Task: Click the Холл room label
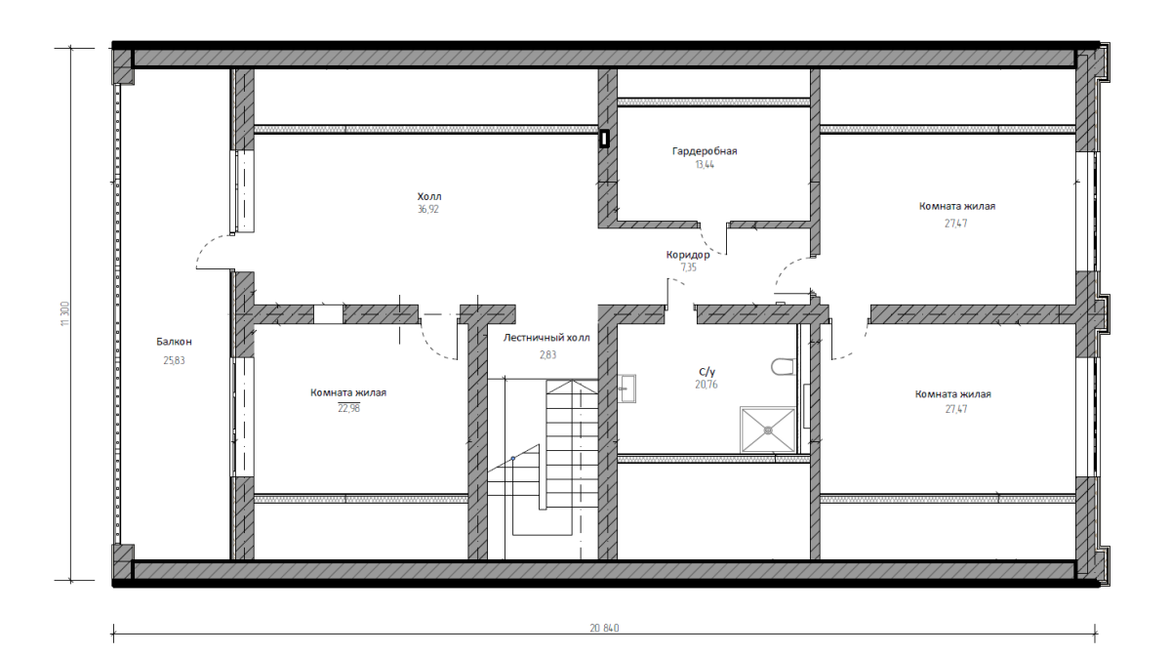429,196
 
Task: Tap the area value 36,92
428,209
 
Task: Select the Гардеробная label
705,151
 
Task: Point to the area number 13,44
705,164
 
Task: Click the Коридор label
688,255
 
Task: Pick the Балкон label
174,342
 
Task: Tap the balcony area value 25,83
174,360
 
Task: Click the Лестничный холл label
546,338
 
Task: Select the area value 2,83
547,354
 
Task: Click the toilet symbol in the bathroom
783,366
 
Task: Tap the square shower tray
768,430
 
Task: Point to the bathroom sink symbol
626,389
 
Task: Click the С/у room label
707,372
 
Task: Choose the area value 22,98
348,408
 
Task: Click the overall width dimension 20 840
604,628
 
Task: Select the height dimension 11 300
64,313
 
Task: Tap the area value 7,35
689,267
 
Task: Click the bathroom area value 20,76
707,385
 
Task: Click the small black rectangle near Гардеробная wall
604,139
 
